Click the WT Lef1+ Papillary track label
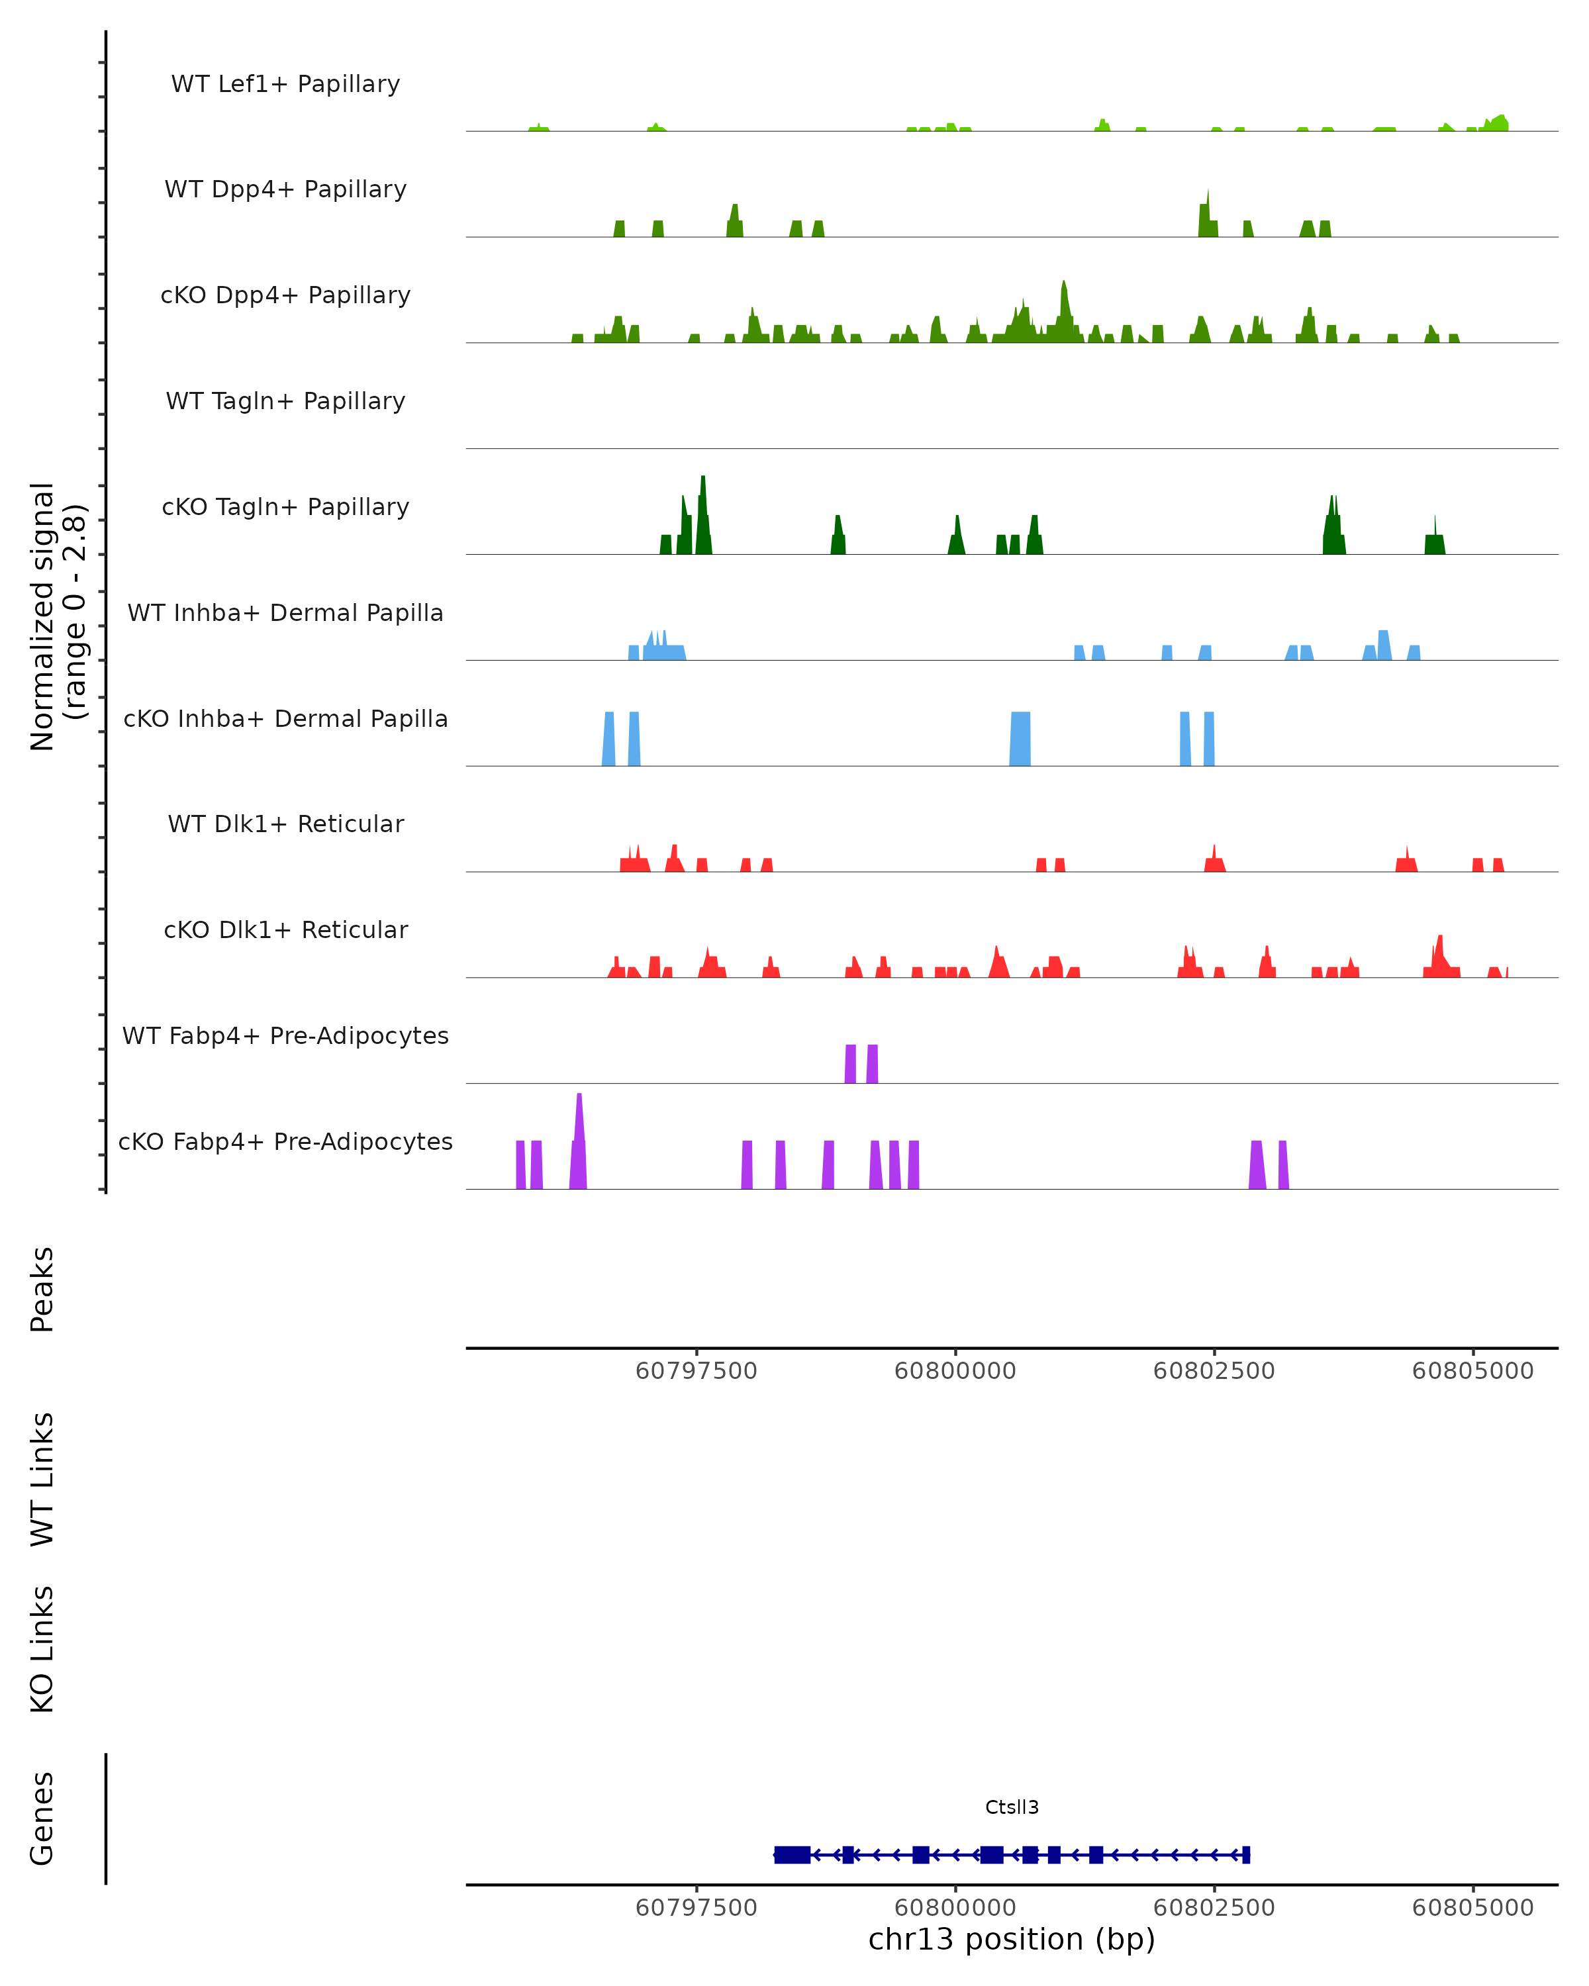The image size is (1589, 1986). coord(285,84)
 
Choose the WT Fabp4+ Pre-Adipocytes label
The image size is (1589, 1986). coord(285,1035)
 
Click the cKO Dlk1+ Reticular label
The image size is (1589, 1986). coord(285,929)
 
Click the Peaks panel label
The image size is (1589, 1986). coord(42,1289)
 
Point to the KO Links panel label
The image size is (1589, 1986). coord(42,1649)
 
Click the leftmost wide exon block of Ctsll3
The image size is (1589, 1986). coord(793,1854)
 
